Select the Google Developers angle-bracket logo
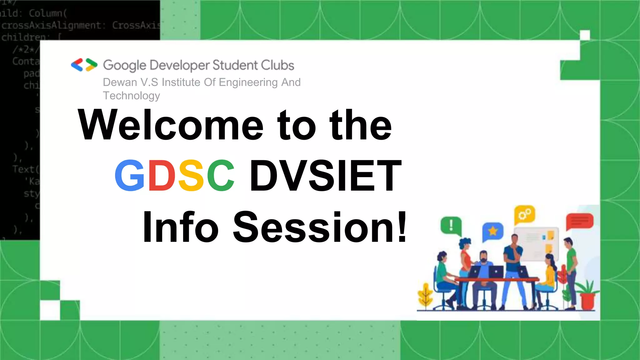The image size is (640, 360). pos(84,65)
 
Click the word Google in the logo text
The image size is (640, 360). pos(124,65)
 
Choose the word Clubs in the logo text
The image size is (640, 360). pos(277,65)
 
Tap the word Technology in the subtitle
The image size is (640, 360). pos(131,96)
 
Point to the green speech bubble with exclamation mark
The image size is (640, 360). pos(451,225)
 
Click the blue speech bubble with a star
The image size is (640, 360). pos(492,231)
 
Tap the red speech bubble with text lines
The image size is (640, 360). pos(580,221)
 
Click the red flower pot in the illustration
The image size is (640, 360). pos(587,300)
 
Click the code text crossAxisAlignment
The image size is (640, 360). pos(51,25)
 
